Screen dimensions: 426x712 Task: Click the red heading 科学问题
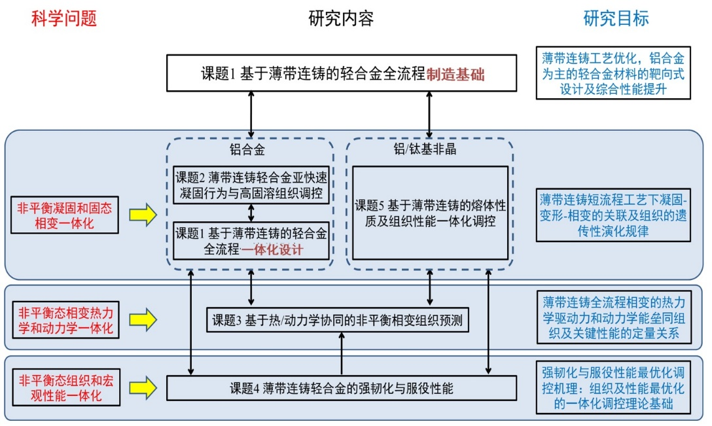63,19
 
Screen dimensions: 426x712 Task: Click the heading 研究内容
341,18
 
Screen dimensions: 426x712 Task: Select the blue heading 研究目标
616,18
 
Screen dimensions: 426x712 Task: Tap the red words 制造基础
455,74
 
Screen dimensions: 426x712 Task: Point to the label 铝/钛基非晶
429,150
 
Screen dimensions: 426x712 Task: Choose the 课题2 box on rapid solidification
251,185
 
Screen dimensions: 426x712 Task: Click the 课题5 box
430,213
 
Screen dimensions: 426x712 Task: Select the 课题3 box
338,321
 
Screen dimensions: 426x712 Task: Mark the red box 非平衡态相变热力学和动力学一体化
64,319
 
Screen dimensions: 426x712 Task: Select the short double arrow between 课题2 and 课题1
251,213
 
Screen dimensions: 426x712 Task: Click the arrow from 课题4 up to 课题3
342,354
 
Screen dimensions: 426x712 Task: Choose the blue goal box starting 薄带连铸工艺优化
613,73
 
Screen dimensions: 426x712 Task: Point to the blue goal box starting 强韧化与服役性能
613,389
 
